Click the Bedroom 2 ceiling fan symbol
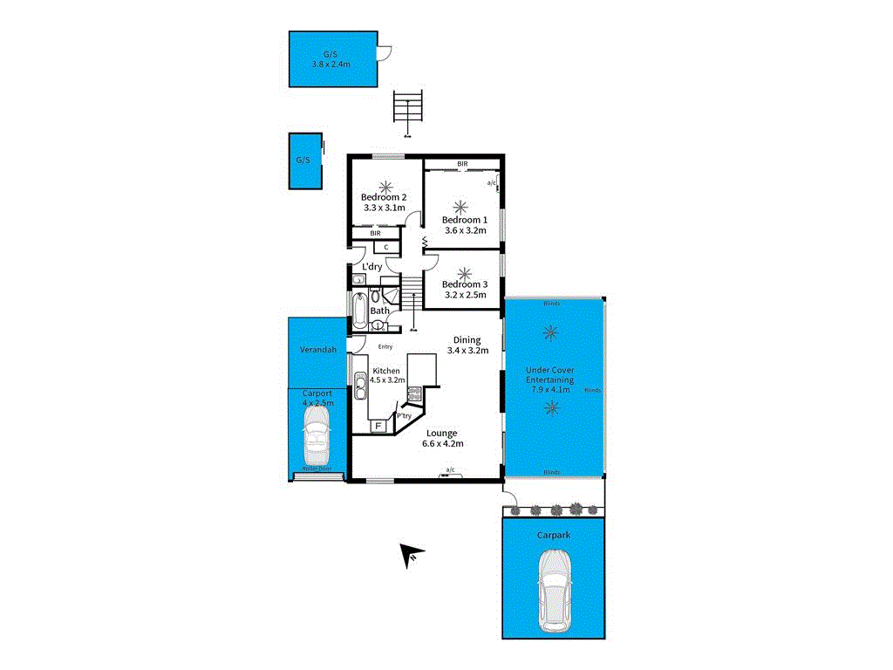(x=385, y=185)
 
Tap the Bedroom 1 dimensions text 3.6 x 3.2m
(x=465, y=231)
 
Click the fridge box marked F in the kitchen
(x=378, y=427)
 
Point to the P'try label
(x=405, y=416)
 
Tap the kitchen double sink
(x=359, y=382)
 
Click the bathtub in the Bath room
(x=358, y=310)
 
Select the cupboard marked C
(x=385, y=247)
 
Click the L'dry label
(x=372, y=266)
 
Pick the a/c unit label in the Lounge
(x=450, y=470)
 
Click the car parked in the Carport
(x=316, y=435)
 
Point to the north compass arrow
(x=412, y=554)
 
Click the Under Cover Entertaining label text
(x=549, y=380)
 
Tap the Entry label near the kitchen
(x=385, y=346)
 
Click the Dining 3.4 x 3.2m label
(x=467, y=345)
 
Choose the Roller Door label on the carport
(x=317, y=468)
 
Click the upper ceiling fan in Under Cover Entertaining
(x=550, y=332)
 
